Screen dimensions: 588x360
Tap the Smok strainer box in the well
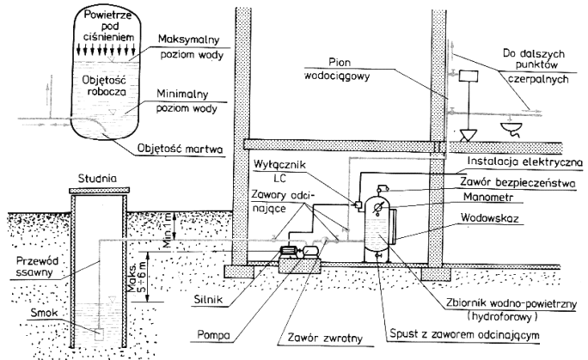(x=99, y=334)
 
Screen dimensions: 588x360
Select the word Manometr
(x=488, y=197)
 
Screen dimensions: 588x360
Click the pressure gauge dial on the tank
(x=377, y=205)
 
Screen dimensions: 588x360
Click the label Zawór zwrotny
(x=325, y=338)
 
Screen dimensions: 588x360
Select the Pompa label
(x=214, y=334)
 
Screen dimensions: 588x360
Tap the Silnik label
(x=209, y=299)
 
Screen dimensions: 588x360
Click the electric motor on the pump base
(x=290, y=252)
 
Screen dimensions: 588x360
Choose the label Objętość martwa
(x=180, y=149)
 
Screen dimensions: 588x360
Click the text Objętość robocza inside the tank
(x=104, y=86)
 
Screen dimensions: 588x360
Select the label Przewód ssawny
(x=35, y=266)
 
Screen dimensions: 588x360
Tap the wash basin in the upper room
(x=511, y=128)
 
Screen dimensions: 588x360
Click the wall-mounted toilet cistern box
(x=469, y=76)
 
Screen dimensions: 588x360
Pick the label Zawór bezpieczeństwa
(x=518, y=183)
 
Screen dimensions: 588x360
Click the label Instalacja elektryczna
(x=524, y=162)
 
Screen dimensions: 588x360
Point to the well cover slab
(x=100, y=190)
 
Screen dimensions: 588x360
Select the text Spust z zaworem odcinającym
(x=464, y=334)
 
